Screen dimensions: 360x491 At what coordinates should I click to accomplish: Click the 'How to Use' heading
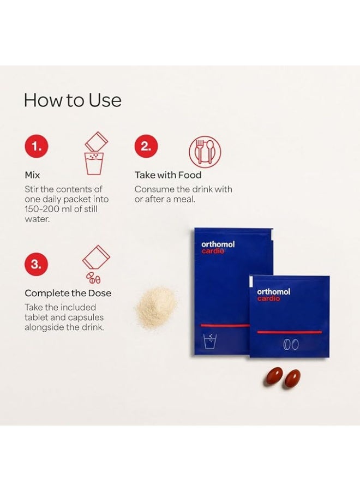pyautogui.click(x=73, y=100)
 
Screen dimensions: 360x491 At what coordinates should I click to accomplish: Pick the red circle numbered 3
pyautogui.click(x=37, y=264)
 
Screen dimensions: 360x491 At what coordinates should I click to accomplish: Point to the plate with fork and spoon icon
pyautogui.click(x=205, y=152)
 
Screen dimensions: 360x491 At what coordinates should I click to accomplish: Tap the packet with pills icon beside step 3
pyautogui.click(x=96, y=265)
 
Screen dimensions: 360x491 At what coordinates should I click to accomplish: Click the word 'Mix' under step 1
pyautogui.click(x=32, y=175)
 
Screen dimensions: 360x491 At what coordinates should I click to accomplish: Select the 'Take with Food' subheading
pyautogui.click(x=168, y=175)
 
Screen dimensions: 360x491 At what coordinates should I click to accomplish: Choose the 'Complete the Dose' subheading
pyautogui.click(x=68, y=293)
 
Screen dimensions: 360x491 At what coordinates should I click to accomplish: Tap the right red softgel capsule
pyautogui.click(x=291, y=379)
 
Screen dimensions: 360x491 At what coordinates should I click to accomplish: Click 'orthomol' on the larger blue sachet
pyautogui.click(x=218, y=244)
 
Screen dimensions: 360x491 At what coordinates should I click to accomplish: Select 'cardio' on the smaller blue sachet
pyautogui.click(x=268, y=298)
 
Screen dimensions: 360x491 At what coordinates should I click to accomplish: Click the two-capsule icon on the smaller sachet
pyautogui.click(x=291, y=344)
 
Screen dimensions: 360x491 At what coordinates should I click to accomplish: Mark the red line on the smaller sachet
pyautogui.click(x=289, y=332)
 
